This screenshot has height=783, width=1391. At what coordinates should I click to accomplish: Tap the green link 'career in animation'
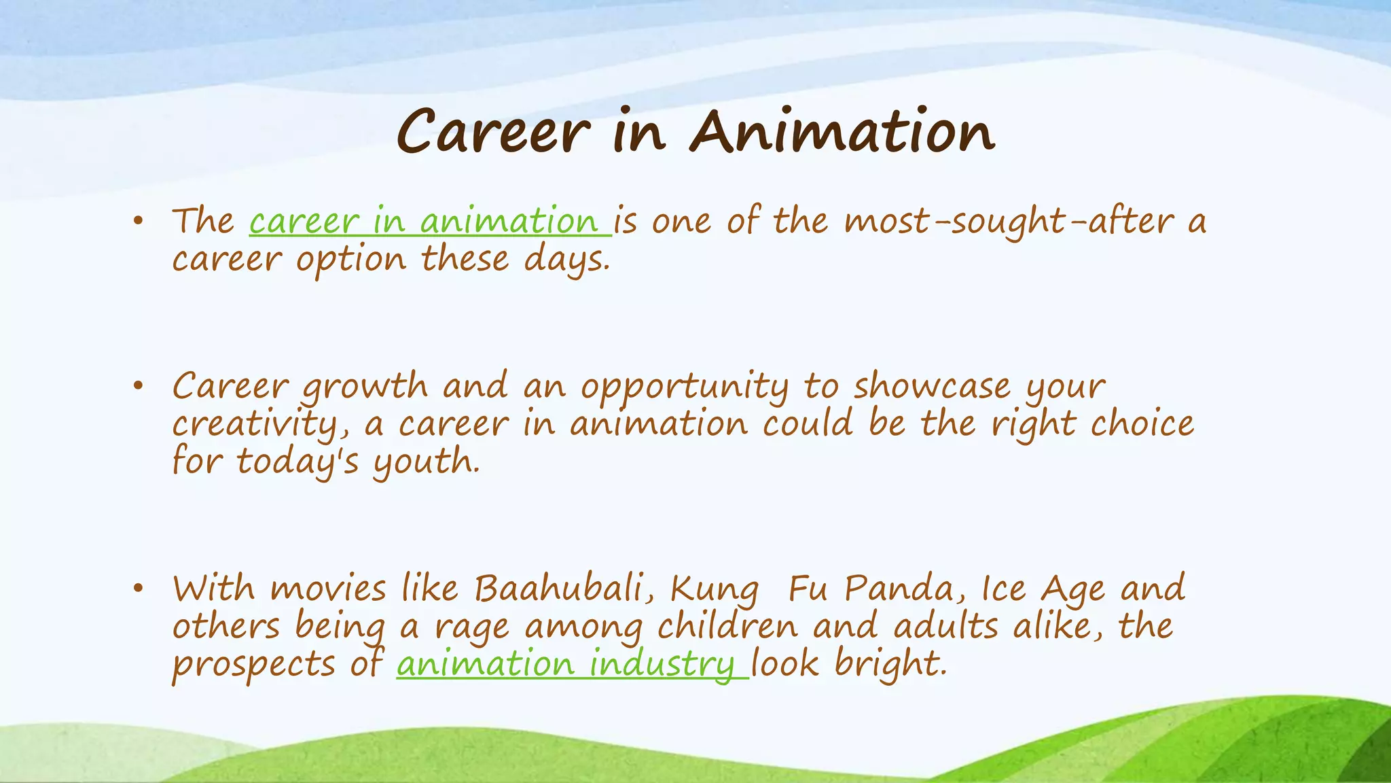(429, 222)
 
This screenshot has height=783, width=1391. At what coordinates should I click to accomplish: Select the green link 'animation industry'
(571, 664)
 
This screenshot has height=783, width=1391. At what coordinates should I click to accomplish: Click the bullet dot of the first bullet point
(139, 220)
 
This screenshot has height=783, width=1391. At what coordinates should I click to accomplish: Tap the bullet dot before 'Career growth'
(139, 386)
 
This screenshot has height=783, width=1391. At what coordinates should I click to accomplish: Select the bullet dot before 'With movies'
(139, 589)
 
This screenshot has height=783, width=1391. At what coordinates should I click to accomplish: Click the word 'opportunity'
(685, 387)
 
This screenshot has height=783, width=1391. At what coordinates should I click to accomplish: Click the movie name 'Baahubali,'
(564, 589)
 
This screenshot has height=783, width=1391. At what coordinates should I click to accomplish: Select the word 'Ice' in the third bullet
(1003, 589)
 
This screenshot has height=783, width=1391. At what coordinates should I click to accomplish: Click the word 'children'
(727, 626)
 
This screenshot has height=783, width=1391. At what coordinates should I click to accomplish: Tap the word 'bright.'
(890, 664)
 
